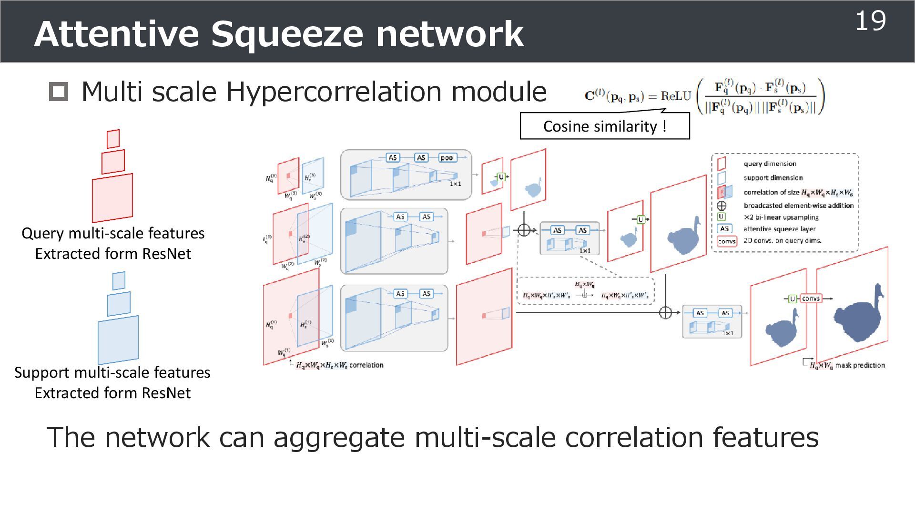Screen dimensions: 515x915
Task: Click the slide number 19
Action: [x=870, y=21]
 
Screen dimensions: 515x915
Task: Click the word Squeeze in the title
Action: [x=286, y=34]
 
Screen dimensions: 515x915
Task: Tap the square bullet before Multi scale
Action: [x=59, y=92]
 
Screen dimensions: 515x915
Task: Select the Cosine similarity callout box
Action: [x=604, y=126]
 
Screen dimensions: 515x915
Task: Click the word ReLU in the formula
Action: [x=675, y=96]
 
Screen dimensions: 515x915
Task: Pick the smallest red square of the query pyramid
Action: [x=113, y=139]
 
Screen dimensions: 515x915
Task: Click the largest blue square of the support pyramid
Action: [x=118, y=340]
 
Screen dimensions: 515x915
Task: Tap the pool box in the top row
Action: [x=447, y=157]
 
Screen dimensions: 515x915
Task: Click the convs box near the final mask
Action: [x=811, y=299]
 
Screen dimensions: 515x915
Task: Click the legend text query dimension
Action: [x=770, y=164]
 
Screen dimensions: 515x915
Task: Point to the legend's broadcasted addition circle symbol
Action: [x=722, y=206]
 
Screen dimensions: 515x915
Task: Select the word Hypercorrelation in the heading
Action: [x=335, y=92]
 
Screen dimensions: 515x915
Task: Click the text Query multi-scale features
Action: [x=113, y=233]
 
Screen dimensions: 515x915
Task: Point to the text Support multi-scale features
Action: [x=112, y=372]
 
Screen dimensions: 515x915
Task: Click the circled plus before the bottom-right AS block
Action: [x=665, y=313]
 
